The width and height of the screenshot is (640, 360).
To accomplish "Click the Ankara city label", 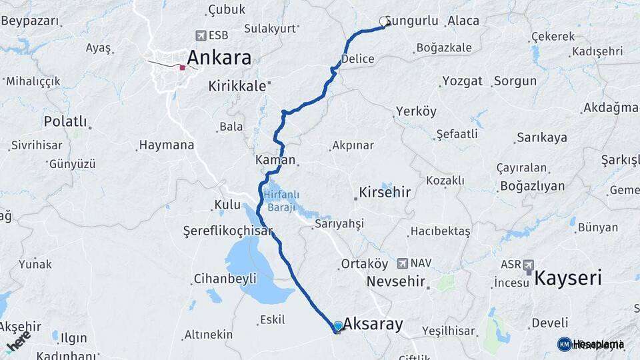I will (x=219, y=57).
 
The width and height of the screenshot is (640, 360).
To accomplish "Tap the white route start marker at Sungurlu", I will (x=384, y=21).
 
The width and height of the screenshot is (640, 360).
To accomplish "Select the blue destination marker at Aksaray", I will (x=338, y=326).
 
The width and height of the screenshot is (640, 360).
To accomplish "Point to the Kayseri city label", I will (x=569, y=278).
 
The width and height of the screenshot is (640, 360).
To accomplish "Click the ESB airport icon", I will (x=201, y=35).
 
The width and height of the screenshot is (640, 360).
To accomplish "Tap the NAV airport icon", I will (x=403, y=264).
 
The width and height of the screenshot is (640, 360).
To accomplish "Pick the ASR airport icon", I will (x=529, y=265).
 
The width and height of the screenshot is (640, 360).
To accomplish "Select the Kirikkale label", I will (x=237, y=86).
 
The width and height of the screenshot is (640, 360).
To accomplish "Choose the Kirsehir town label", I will (x=385, y=193).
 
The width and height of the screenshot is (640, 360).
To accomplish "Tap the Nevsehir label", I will (x=396, y=281).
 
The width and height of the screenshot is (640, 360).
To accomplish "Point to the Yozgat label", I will (x=462, y=81).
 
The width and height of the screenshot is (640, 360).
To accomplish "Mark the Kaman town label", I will (x=275, y=160).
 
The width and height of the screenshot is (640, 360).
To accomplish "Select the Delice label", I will (x=357, y=59).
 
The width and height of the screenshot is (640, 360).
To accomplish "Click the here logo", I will (x=18, y=340).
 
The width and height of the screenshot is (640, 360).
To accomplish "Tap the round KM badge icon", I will (x=564, y=344).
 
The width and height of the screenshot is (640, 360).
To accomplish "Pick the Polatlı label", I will (x=65, y=121).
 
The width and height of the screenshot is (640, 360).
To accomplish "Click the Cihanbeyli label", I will (x=225, y=279).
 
